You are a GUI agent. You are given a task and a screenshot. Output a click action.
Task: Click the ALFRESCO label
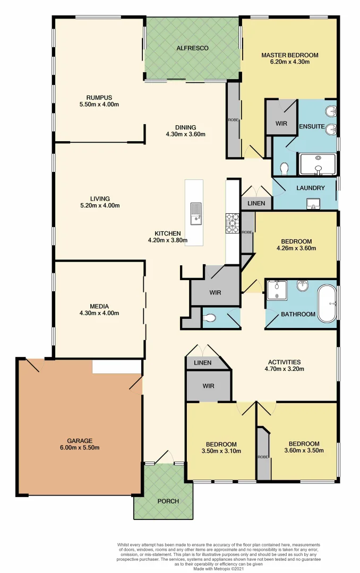(192, 48)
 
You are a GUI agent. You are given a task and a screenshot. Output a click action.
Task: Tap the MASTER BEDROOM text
(289, 55)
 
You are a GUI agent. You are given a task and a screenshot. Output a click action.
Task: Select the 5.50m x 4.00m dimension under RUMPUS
(102, 105)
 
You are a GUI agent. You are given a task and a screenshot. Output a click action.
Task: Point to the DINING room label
(185, 127)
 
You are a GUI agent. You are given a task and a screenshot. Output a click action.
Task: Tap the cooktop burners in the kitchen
(233, 222)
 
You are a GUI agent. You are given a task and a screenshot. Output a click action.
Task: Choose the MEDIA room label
(99, 306)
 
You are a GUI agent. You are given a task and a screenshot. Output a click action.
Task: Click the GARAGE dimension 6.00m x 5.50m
(80, 448)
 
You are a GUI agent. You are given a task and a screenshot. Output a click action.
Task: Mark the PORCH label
(168, 501)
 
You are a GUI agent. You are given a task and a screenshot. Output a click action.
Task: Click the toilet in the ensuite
(284, 168)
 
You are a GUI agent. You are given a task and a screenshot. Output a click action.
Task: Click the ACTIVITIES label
(284, 362)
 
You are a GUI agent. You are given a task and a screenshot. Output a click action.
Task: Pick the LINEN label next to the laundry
(256, 204)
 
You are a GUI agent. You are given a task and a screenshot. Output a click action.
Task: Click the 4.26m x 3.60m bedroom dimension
(296, 248)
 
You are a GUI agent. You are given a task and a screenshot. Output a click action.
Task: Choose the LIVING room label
(99, 199)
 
